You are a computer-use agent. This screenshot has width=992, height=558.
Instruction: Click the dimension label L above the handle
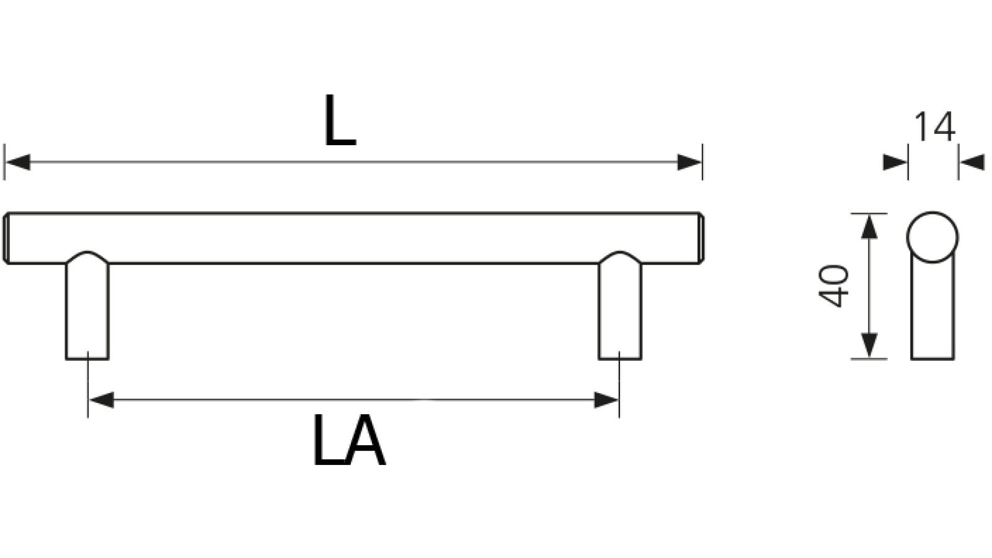coord(340,122)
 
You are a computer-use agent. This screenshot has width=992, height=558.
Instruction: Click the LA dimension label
coord(348,440)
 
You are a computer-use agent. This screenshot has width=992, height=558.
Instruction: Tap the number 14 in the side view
coord(934,127)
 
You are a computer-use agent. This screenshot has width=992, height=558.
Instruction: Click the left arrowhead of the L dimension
coord(17,162)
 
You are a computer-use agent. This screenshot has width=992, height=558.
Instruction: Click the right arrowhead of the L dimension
coord(689,162)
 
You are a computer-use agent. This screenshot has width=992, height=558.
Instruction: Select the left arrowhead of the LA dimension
coord(101,400)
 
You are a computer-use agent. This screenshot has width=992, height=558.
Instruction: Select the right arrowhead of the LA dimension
coord(606,400)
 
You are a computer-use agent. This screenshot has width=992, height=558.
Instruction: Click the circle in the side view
coord(932,237)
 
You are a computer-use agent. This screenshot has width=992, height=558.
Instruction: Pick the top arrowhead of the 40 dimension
coord(870,226)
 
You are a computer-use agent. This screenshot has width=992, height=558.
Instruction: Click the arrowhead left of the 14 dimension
coord(895,162)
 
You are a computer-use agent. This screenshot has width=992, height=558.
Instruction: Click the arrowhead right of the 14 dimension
coord(972,162)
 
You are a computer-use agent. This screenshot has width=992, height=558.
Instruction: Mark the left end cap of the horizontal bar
coord(7,239)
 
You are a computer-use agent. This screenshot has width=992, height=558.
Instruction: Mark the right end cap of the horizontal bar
coord(700,239)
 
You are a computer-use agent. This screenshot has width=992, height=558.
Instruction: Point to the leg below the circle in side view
coord(932,310)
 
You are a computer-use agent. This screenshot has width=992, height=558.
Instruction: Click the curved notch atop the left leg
coord(87,256)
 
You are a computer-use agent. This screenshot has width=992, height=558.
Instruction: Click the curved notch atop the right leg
coord(620,256)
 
